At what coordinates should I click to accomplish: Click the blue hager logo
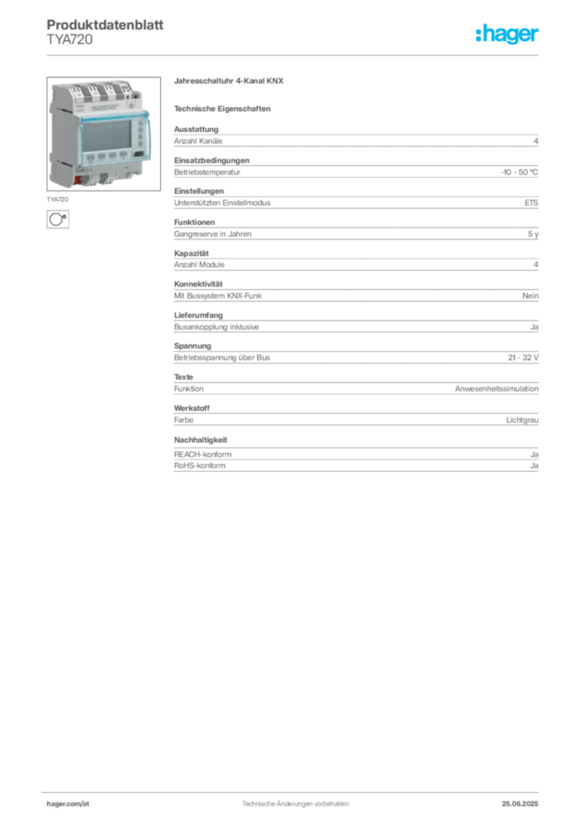point(508,35)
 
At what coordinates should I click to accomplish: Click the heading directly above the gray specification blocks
point(224,108)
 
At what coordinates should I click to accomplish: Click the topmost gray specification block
point(356,140)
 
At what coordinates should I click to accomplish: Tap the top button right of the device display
point(141,125)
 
